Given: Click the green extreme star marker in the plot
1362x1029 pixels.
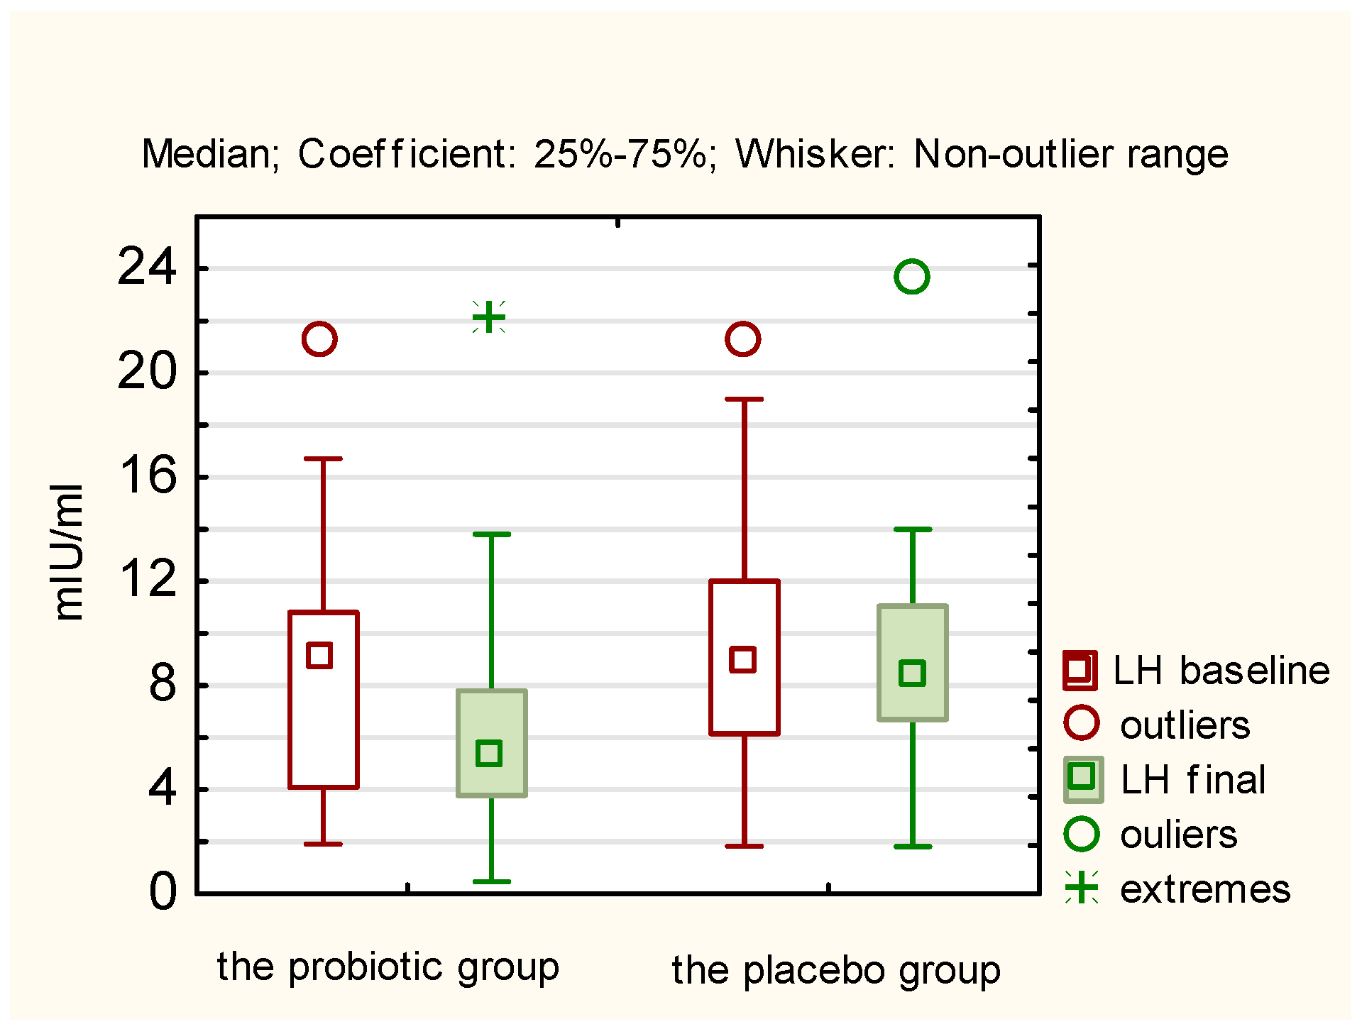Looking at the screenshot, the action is pos(489,317).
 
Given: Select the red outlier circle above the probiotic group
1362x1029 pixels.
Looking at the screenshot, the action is pos(319,339).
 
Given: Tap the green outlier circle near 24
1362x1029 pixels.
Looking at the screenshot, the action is pos(912,276).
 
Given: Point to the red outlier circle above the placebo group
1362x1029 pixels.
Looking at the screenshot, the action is pos(742,339).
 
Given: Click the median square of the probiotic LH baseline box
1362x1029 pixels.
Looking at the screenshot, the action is pos(319,655).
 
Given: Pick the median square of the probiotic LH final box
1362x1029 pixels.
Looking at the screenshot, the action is pos(489,753).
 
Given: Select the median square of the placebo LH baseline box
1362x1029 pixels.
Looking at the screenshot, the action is pos(742,659).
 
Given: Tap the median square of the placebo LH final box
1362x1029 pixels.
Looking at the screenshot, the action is pos(912,673).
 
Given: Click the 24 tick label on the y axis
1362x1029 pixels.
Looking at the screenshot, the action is pos(147,268).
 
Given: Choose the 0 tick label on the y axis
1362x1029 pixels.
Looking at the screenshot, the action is pos(163,892).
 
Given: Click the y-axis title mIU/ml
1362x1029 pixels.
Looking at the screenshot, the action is pos(69,552).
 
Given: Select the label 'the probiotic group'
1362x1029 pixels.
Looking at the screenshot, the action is pos(388,967).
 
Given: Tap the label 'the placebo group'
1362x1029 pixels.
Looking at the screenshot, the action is pos(836,970).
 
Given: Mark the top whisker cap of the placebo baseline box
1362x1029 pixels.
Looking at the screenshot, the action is pos(744,399).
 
